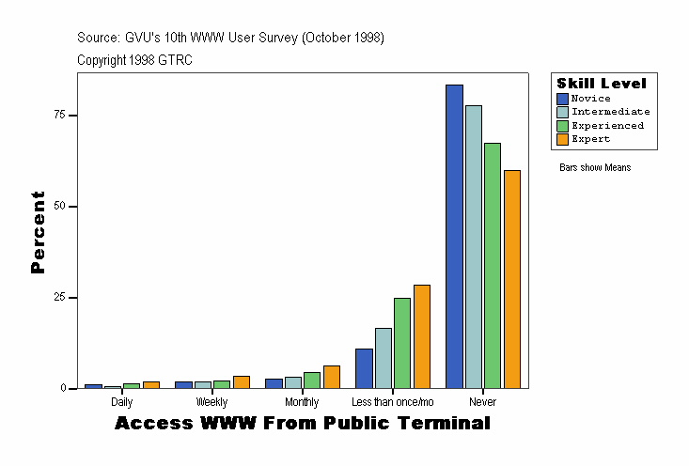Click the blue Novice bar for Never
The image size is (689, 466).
pos(454,236)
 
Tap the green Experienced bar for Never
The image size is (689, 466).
pos(493,265)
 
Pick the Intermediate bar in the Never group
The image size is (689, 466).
pos(473,246)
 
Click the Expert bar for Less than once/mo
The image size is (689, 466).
pos(422,336)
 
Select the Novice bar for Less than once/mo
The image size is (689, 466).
pos(364,368)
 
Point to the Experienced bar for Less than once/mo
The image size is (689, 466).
pos(402,343)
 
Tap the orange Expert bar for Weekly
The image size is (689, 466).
pos(242,381)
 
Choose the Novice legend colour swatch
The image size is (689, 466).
pos(562,99)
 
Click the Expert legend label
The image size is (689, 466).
pos(590,139)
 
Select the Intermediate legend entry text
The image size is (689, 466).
pos(610,112)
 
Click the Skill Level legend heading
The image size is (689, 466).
pos(602,84)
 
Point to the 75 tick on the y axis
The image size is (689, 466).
pos(59,115)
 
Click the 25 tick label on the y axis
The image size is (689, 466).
pos(59,297)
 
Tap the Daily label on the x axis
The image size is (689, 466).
pos(121,402)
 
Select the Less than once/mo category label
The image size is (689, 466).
pos(392,402)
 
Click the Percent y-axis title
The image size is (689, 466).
pos(38,232)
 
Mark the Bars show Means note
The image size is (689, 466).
pos(595,168)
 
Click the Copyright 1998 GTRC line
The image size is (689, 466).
pos(134,59)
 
